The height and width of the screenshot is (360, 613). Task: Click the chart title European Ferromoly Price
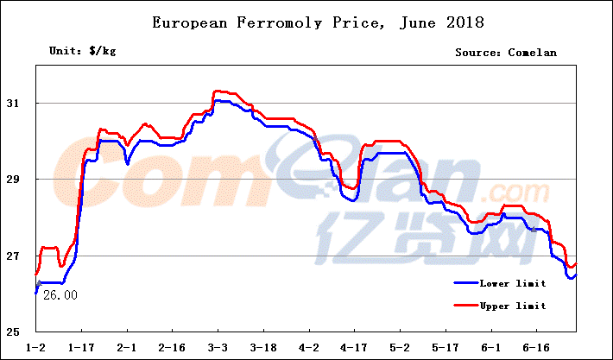(x=305, y=21)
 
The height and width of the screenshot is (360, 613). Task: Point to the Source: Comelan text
(x=506, y=53)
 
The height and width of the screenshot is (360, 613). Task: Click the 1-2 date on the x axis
(x=36, y=347)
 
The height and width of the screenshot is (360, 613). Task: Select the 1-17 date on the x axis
(x=82, y=347)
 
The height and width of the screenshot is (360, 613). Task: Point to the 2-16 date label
(x=173, y=347)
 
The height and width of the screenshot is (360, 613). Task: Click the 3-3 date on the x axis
(x=218, y=347)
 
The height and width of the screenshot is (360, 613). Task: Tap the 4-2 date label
(x=309, y=347)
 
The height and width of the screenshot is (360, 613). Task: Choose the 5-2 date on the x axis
(x=400, y=347)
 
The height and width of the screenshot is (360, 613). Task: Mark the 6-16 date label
(x=536, y=347)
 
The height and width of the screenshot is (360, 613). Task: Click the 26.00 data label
(x=60, y=295)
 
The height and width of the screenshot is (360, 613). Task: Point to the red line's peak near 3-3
(x=218, y=91)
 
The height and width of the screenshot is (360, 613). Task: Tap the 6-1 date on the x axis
(x=490, y=347)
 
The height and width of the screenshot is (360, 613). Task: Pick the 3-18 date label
(x=263, y=347)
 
